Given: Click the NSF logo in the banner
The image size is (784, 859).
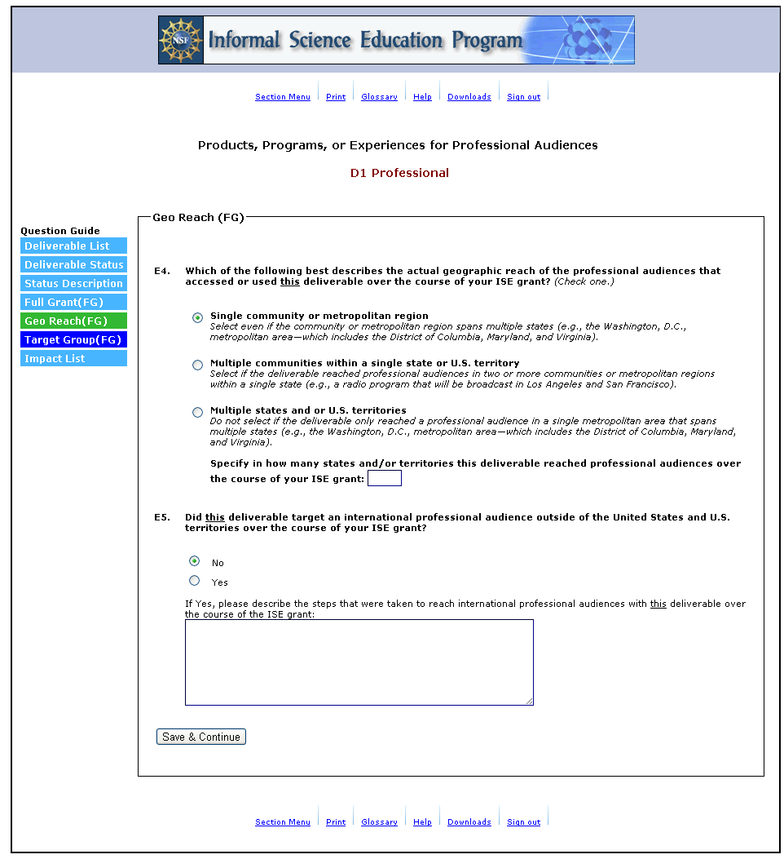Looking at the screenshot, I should [182, 40].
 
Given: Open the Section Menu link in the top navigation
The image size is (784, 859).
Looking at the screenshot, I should [283, 97].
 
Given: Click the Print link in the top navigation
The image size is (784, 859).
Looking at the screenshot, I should [336, 97].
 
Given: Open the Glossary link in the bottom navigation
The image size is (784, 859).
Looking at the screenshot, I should [380, 822].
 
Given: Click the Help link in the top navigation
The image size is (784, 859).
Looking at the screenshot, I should [422, 97].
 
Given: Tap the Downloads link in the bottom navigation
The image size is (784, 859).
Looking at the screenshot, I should [469, 822].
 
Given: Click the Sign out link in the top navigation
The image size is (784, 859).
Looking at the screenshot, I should [523, 97].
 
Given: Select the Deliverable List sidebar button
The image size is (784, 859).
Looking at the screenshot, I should [73, 246].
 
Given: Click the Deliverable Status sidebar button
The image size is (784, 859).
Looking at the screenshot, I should [73, 265].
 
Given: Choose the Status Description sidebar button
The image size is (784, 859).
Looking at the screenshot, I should [73, 284].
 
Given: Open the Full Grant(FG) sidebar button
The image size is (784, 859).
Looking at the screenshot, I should [73, 303].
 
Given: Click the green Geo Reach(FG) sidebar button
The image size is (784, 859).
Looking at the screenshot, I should [73, 321].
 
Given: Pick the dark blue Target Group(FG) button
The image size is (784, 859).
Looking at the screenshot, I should [73, 340].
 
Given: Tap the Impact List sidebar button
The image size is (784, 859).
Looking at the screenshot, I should [73, 359].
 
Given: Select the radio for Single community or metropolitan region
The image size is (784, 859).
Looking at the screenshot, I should [197, 318].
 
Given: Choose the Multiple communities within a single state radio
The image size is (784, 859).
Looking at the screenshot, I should [197, 365].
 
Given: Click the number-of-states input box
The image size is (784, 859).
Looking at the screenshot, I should [385, 478].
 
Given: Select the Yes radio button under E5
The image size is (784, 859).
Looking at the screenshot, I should [194, 581].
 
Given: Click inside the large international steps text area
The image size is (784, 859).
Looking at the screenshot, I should [359, 662].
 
